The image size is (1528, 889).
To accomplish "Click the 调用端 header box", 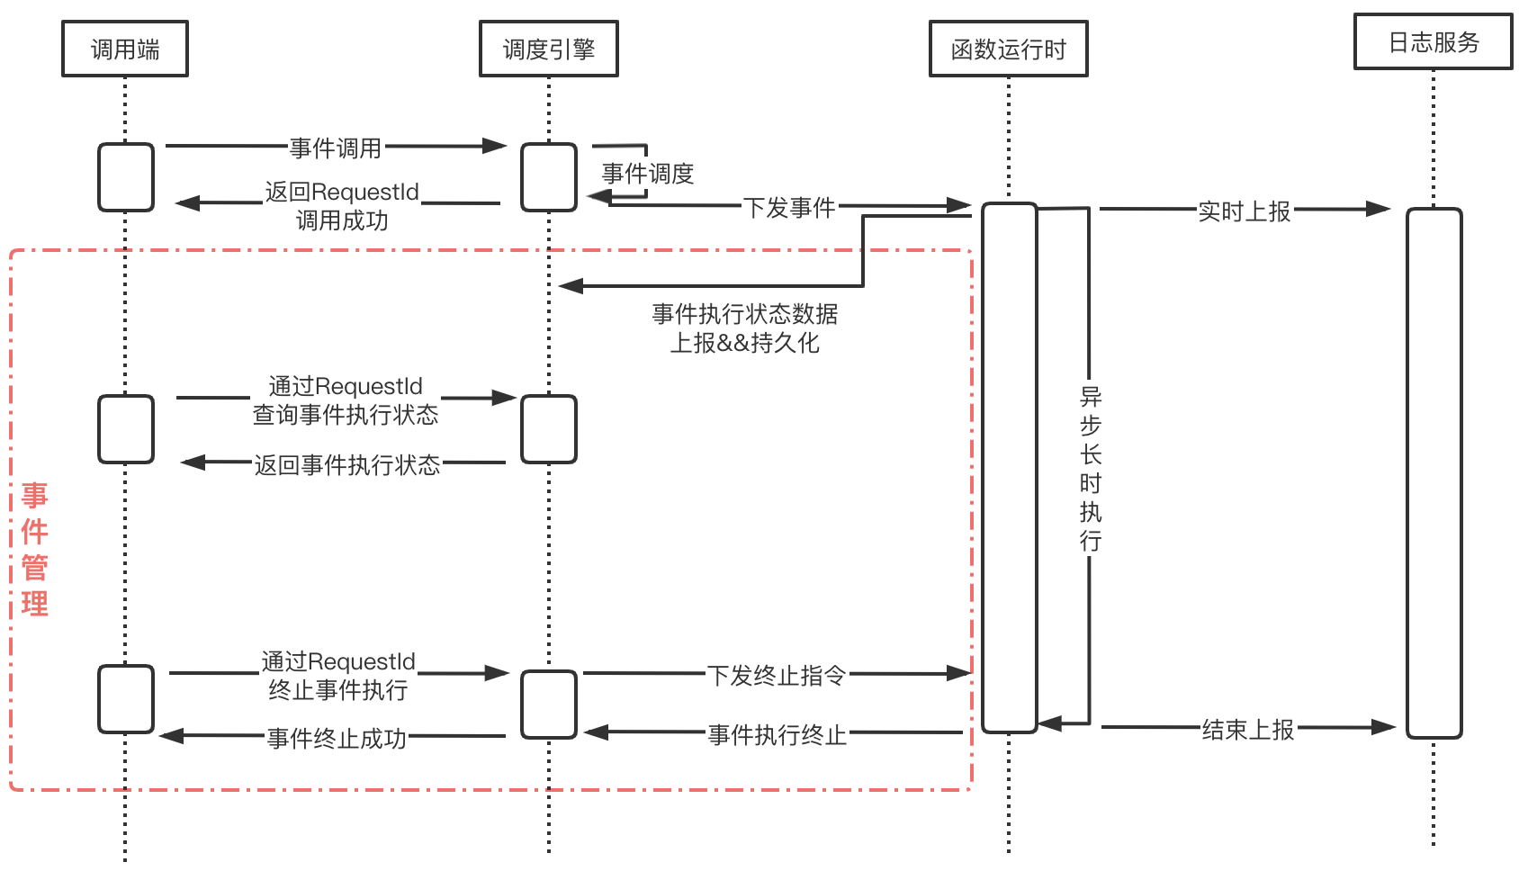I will [x=125, y=49].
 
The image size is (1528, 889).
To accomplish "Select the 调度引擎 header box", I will [x=549, y=49].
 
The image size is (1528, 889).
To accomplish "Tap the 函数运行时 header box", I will [x=1008, y=49].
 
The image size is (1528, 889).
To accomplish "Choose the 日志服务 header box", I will [x=1434, y=41].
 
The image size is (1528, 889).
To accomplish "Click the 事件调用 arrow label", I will [x=336, y=148].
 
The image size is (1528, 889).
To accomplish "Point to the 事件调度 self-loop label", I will [x=648, y=173].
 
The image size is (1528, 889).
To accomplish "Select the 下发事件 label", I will [x=789, y=208].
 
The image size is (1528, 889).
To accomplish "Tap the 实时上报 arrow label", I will [x=1244, y=211].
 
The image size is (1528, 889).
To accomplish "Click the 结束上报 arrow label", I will [x=1247, y=729].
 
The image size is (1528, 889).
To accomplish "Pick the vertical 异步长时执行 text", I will [x=1091, y=468].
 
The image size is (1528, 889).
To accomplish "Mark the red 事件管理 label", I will [x=34, y=549].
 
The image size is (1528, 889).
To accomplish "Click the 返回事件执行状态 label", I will [x=346, y=464].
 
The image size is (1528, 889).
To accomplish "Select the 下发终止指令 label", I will [x=776, y=675].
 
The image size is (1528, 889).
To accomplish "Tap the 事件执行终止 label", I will [x=777, y=734].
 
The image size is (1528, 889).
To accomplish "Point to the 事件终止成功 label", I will [x=337, y=738].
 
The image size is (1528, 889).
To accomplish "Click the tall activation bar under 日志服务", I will [x=1434, y=472].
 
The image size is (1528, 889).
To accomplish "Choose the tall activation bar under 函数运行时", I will [x=1009, y=468].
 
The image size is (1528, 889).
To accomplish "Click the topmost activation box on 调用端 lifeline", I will [x=126, y=177].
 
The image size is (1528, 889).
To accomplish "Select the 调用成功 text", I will [x=342, y=220].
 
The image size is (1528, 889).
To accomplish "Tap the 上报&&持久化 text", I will [x=744, y=343].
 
